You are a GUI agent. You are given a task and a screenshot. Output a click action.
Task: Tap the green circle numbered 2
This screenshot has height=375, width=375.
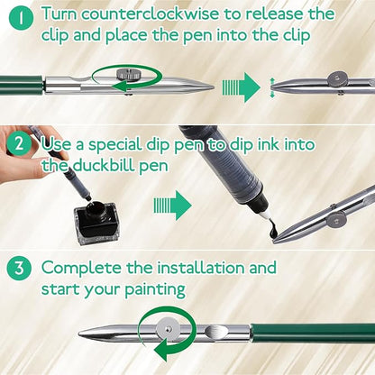pyautogui.click(x=19, y=144)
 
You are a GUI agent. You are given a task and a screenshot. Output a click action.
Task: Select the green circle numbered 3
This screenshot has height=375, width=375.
pyautogui.click(x=19, y=268)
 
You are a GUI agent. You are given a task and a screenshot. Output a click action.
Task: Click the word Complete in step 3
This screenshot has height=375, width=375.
pyautogui.click(x=82, y=269)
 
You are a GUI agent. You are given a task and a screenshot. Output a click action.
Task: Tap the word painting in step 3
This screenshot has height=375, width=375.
pyautogui.click(x=155, y=290)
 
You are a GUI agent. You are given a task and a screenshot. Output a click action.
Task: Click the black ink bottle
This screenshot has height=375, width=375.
pyautogui.click(x=96, y=221)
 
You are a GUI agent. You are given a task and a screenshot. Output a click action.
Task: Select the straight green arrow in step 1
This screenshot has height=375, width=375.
pyautogui.click(x=242, y=87)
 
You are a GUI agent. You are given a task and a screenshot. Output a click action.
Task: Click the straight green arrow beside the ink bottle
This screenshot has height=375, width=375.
pyautogui.click(x=173, y=206)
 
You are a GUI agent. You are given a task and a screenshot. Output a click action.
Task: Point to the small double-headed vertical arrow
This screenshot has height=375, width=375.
pyautogui.click(x=272, y=87)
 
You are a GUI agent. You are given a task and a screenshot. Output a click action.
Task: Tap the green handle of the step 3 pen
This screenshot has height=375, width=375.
pyautogui.click(x=313, y=333)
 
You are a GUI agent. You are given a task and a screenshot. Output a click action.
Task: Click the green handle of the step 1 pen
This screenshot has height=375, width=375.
pyautogui.click(x=21, y=85)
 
